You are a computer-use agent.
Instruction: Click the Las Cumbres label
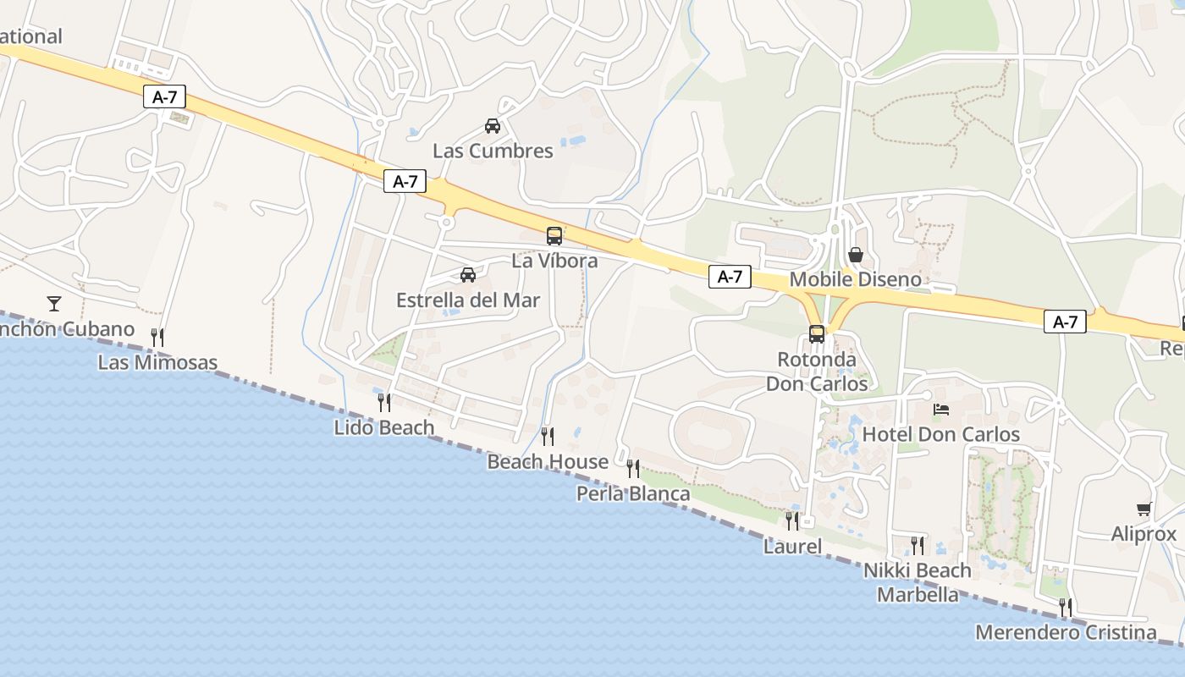[493, 151]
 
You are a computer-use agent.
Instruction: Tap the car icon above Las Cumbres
[493, 127]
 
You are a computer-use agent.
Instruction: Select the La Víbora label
[554, 261]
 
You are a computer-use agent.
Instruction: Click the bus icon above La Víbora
[554, 236]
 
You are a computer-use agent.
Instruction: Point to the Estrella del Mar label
[468, 300]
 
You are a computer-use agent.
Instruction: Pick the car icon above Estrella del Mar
[468, 275]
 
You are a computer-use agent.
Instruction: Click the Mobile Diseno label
[855, 279]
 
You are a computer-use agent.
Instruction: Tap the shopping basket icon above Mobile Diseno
[856, 255]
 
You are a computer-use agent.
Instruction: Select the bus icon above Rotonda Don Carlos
[817, 333]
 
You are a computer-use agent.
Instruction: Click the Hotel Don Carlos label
[941, 435]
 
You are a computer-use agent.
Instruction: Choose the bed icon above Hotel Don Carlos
[941, 410]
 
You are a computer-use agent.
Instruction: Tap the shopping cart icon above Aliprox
[1144, 509]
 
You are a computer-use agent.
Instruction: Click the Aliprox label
[1144, 534]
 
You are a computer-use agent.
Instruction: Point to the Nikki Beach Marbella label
[918, 582]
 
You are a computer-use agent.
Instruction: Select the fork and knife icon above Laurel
[792, 520]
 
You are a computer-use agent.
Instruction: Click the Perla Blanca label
[633, 493]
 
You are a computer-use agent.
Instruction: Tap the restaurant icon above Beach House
[548, 437]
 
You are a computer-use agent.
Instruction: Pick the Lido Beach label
[384, 427]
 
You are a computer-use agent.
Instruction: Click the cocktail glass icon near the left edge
[54, 303]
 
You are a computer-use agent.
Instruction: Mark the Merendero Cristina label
[1066, 632]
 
